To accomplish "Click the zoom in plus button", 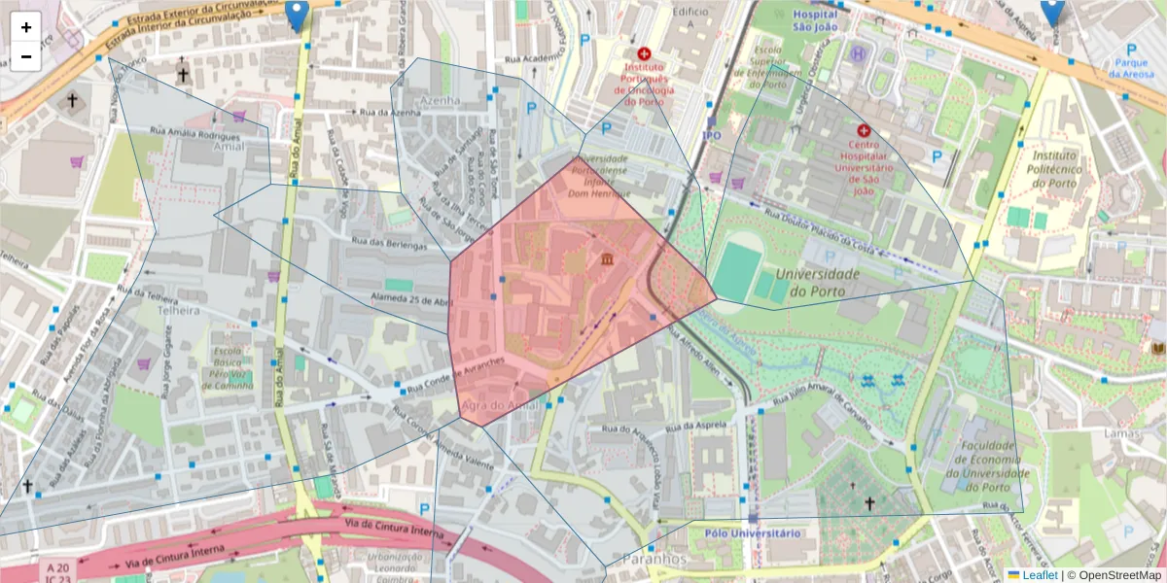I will coord(26,27).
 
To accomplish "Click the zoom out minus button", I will coord(26,56).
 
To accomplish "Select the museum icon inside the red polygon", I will coord(608,259).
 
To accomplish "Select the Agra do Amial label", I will coord(500,405).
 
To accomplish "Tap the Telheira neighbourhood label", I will coord(175,311).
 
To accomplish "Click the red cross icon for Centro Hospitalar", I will coord(863,130).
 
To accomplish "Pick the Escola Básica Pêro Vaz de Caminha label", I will coord(228,368).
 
